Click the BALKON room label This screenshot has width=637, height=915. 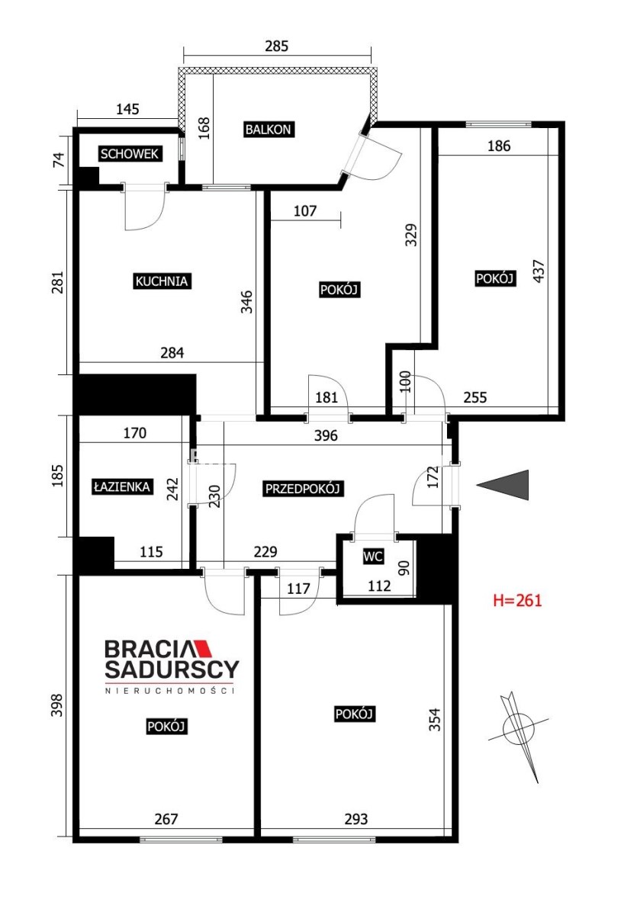(268, 130)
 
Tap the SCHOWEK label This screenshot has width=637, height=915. (130, 154)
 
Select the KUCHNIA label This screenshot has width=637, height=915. (162, 281)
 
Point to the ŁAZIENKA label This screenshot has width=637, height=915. (122, 486)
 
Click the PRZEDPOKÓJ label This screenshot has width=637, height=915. (302, 489)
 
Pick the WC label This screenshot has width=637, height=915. (373, 556)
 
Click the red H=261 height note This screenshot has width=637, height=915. (517, 600)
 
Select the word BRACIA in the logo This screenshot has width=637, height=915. (149, 649)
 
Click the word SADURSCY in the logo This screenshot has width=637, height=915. (172, 669)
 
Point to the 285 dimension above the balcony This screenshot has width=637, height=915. (277, 47)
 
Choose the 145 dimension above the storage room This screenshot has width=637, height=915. (128, 109)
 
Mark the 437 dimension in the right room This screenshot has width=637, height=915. (539, 271)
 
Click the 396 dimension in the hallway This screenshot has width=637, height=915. (326, 435)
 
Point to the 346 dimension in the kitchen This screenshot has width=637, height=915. (246, 301)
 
